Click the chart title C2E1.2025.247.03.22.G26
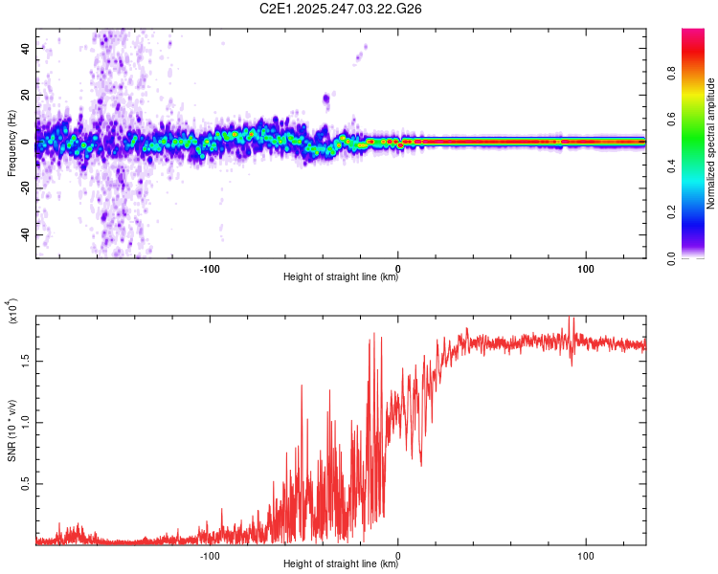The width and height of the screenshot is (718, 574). tap(341, 10)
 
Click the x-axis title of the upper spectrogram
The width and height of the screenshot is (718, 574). tap(341, 277)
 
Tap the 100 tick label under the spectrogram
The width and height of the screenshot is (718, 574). tap(586, 268)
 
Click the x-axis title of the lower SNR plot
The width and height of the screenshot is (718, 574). tap(341, 563)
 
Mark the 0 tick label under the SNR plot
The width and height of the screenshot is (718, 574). tap(398, 554)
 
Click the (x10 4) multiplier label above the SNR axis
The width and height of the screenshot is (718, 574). tap(11, 311)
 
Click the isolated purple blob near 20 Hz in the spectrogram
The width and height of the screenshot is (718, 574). tap(326, 98)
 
